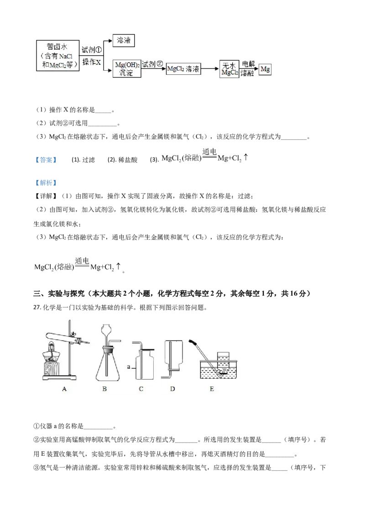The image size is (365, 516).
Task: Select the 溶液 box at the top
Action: pyautogui.click(x=124, y=41)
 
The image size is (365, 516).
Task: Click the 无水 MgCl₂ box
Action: pyautogui.click(x=229, y=69)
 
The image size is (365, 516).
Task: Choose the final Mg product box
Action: pyautogui.click(x=265, y=69)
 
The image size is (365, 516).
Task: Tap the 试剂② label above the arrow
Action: pyautogui.click(x=152, y=64)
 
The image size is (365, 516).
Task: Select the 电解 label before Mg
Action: pyautogui.click(x=247, y=64)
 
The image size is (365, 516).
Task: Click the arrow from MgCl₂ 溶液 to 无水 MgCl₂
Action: pyautogui.click(x=209, y=69)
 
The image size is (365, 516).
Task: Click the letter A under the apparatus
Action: pyautogui.click(x=64, y=389)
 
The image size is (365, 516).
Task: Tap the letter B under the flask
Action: pyautogui.click(x=104, y=389)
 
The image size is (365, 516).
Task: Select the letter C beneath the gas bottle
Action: pyautogui.click(x=141, y=389)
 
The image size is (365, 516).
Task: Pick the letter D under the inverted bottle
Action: pyautogui.click(x=172, y=389)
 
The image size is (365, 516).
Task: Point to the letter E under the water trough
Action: pyautogui.click(x=211, y=389)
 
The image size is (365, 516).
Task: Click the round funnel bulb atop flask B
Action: pyautogui.click(x=107, y=330)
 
